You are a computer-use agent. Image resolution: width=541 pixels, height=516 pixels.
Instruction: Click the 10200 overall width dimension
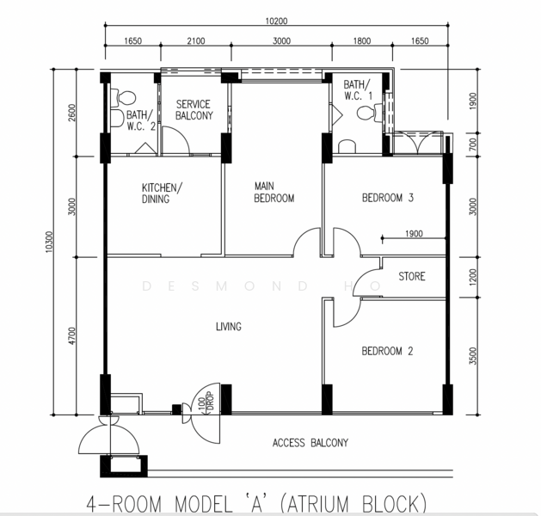[276, 21]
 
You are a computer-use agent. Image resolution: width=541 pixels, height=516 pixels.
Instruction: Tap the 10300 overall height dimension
[50, 242]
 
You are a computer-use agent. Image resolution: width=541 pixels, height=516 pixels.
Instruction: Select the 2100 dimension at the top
[195, 41]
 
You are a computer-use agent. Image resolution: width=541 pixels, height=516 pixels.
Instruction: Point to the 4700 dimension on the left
[71, 336]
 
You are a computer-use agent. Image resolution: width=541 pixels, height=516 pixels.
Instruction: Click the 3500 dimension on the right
[473, 356]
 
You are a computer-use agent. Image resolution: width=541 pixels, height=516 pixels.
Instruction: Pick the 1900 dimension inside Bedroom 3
[414, 234]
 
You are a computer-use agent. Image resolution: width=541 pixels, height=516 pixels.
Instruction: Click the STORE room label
[412, 276]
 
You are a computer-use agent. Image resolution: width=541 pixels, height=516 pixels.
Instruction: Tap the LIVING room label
[229, 326]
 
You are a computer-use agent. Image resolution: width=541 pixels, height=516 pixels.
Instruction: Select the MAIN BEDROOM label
[274, 192]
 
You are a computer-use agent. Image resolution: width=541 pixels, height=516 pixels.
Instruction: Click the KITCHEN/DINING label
[163, 193]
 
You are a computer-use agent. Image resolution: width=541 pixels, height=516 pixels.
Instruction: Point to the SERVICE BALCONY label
[194, 110]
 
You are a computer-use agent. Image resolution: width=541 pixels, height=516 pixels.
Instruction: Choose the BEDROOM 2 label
[387, 351]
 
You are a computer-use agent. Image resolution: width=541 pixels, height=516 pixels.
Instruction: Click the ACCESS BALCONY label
[310, 443]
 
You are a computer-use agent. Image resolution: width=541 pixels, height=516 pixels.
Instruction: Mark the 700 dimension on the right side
[473, 144]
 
